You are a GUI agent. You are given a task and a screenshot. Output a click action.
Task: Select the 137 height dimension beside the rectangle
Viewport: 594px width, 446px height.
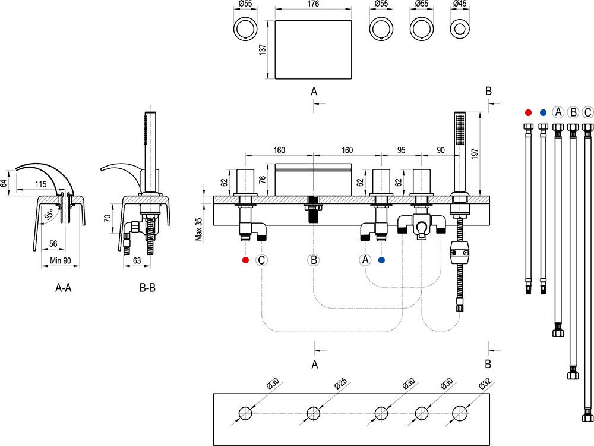tap(263, 49)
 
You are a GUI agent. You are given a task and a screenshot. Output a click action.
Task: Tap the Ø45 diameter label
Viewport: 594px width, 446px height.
tap(459, 4)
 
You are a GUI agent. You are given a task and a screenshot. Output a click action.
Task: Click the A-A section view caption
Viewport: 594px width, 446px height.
tap(64, 288)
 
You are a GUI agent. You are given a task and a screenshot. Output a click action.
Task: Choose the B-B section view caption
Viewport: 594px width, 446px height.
tap(147, 288)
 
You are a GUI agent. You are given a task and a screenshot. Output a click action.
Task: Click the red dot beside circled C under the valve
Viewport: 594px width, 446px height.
tap(245, 260)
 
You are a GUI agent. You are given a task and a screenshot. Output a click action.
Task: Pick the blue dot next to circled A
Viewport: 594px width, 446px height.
tap(381, 260)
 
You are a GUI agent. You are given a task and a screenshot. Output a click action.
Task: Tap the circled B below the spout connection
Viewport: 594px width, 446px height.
tap(314, 260)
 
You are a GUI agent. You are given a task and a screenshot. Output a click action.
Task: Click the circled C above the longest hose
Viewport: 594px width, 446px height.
tap(587, 112)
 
